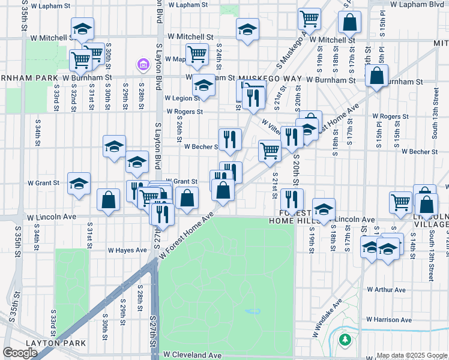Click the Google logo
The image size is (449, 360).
point(20,353)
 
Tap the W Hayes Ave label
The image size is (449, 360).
point(127,250)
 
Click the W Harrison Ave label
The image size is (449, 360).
point(389,320)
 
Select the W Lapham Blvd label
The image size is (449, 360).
point(417,4)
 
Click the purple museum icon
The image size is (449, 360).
point(143,64)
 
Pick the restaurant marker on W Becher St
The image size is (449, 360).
point(229,139)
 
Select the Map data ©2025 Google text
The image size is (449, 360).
point(411,355)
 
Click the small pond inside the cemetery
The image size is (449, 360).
point(253,311)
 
